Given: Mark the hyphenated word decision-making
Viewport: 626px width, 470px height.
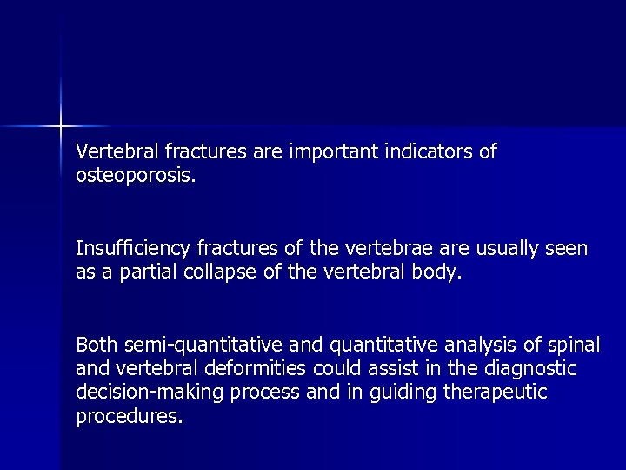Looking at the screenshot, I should pos(150,393).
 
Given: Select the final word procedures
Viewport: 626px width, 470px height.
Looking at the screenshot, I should pos(129,416).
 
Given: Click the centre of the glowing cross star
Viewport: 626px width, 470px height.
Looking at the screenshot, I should pos(61,126).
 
